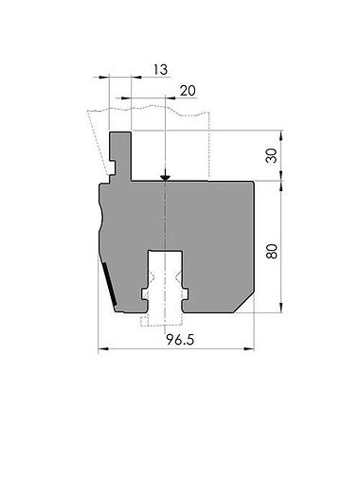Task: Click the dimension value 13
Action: (160, 69)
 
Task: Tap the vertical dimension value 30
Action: (273, 155)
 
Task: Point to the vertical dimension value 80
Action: (273, 250)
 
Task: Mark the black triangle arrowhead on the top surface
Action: (165, 176)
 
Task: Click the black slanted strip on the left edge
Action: (109, 285)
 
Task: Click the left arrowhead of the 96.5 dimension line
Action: (103, 349)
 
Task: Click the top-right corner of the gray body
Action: (254, 183)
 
